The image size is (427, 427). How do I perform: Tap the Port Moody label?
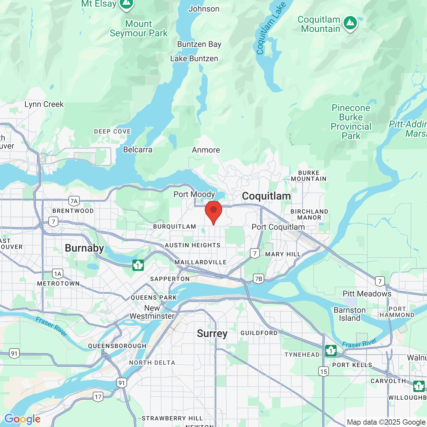pos(194,194)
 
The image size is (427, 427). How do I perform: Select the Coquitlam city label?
pos(266,196)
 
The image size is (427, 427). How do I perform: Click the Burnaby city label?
pos(84,248)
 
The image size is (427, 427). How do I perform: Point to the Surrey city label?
pos(212,333)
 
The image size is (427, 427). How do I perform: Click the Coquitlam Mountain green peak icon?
pos(350,23)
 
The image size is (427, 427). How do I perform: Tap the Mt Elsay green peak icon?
pos(126,4)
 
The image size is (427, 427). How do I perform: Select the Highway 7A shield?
pos(74,201)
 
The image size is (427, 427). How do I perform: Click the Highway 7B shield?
pos(258,279)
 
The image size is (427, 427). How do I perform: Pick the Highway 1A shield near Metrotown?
pos(58,274)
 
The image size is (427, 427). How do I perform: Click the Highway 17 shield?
pos(98,397)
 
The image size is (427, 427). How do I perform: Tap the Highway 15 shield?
pos(323,371)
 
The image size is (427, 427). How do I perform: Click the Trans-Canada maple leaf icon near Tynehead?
pos(331,351)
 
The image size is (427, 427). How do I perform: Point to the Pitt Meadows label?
pos(367,294)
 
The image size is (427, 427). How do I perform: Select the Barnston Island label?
pos(350,314)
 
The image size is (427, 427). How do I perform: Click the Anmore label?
pos(206,150)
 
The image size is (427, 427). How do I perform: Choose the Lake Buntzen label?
pos(194,58)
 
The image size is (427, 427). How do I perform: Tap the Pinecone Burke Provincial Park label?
pos(351,122)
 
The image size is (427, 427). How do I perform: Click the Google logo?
pos(22,419)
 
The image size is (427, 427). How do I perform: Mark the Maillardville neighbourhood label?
pos(200,262)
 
